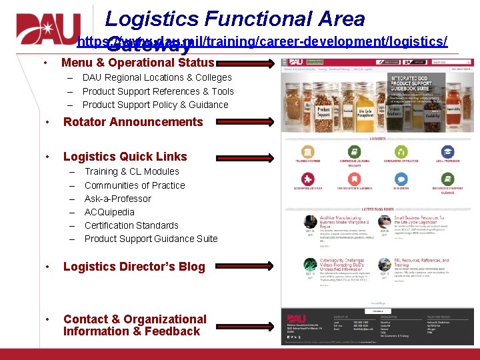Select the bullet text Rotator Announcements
click(133, 122)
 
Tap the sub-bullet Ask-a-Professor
click(118, 199)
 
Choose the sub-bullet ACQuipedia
click(109, 212)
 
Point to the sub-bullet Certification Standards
click(131, 225)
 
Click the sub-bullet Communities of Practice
click(135, 185)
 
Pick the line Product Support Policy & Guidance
click(155, 105)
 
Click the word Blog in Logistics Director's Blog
click(191, 267)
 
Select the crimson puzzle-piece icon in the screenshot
click(307, 179)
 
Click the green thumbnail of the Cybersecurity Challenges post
click(309, 265)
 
